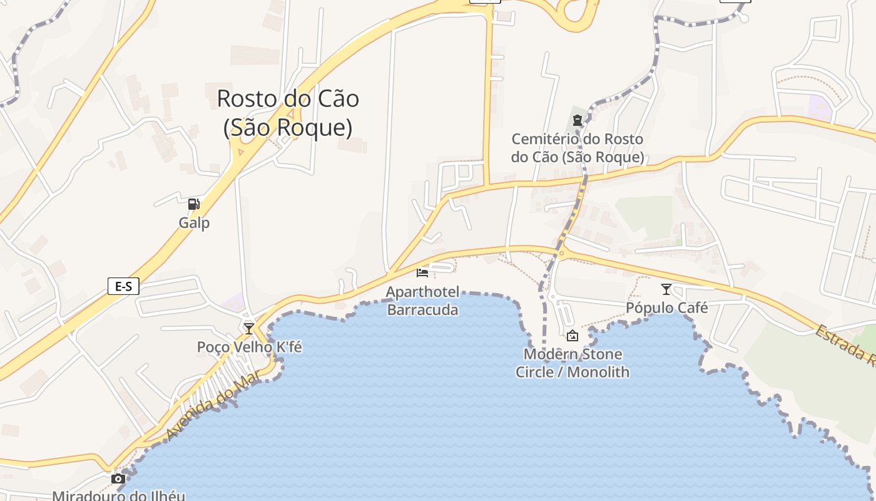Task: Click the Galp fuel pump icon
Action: click(194, 204)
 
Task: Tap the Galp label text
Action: click(194, 223)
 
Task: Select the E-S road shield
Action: click(123, 286)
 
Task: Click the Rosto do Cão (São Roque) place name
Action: click(288, 113)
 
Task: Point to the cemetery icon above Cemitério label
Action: click(578, 120)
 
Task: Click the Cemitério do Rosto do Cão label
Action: click(577, 148)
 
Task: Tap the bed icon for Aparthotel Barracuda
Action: click(422, 272)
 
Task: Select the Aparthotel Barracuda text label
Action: click(422, 301)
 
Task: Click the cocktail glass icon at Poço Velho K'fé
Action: click(249, 328)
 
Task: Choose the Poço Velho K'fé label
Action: click(249, 347)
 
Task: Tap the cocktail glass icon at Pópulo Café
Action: click(666, 289)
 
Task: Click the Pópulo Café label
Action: click(667, 308)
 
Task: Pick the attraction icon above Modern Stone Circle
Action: click(572, 336)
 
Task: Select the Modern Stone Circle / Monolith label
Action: click(572, 363)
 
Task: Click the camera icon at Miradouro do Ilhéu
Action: click(118, 479)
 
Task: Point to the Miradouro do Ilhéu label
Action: click(118, 495)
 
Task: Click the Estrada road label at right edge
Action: click(845, 345)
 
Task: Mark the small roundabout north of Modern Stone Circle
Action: click(561, 253)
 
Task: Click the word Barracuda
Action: click(422, 309)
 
